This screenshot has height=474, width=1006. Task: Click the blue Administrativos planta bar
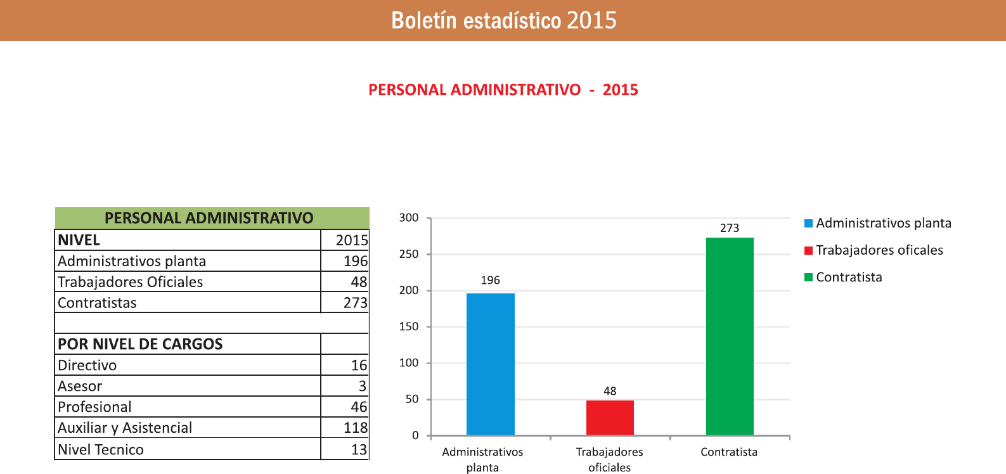(x=490, y=364)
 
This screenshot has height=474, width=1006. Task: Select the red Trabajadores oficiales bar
(x=610, y=418)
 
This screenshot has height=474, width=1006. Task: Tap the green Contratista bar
(x=730, y=336)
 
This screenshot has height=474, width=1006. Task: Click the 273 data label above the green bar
(x=730, y=228)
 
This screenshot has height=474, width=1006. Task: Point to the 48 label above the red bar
(x=610, y=391)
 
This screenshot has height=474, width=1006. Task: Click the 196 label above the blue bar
(x=490, y=280)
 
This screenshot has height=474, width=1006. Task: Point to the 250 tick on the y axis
(x=409, y=254)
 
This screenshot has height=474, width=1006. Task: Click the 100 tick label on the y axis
(x=409, y=363)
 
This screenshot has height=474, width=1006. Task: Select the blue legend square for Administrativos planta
(x=808, y=223)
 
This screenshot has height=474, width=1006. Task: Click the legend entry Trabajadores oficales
(x=879, y=250)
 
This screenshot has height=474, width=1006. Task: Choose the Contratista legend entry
(x=849, y=277)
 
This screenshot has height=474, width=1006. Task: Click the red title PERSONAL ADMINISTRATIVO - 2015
(x=503, y=90)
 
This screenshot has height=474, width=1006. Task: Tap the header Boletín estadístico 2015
(x=503, y=20)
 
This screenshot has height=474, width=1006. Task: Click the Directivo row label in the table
(x=87, y=365)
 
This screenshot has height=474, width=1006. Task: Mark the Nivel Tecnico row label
(x=101, y=449)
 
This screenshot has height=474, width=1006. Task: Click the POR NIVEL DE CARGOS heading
(x=140, y=344)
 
